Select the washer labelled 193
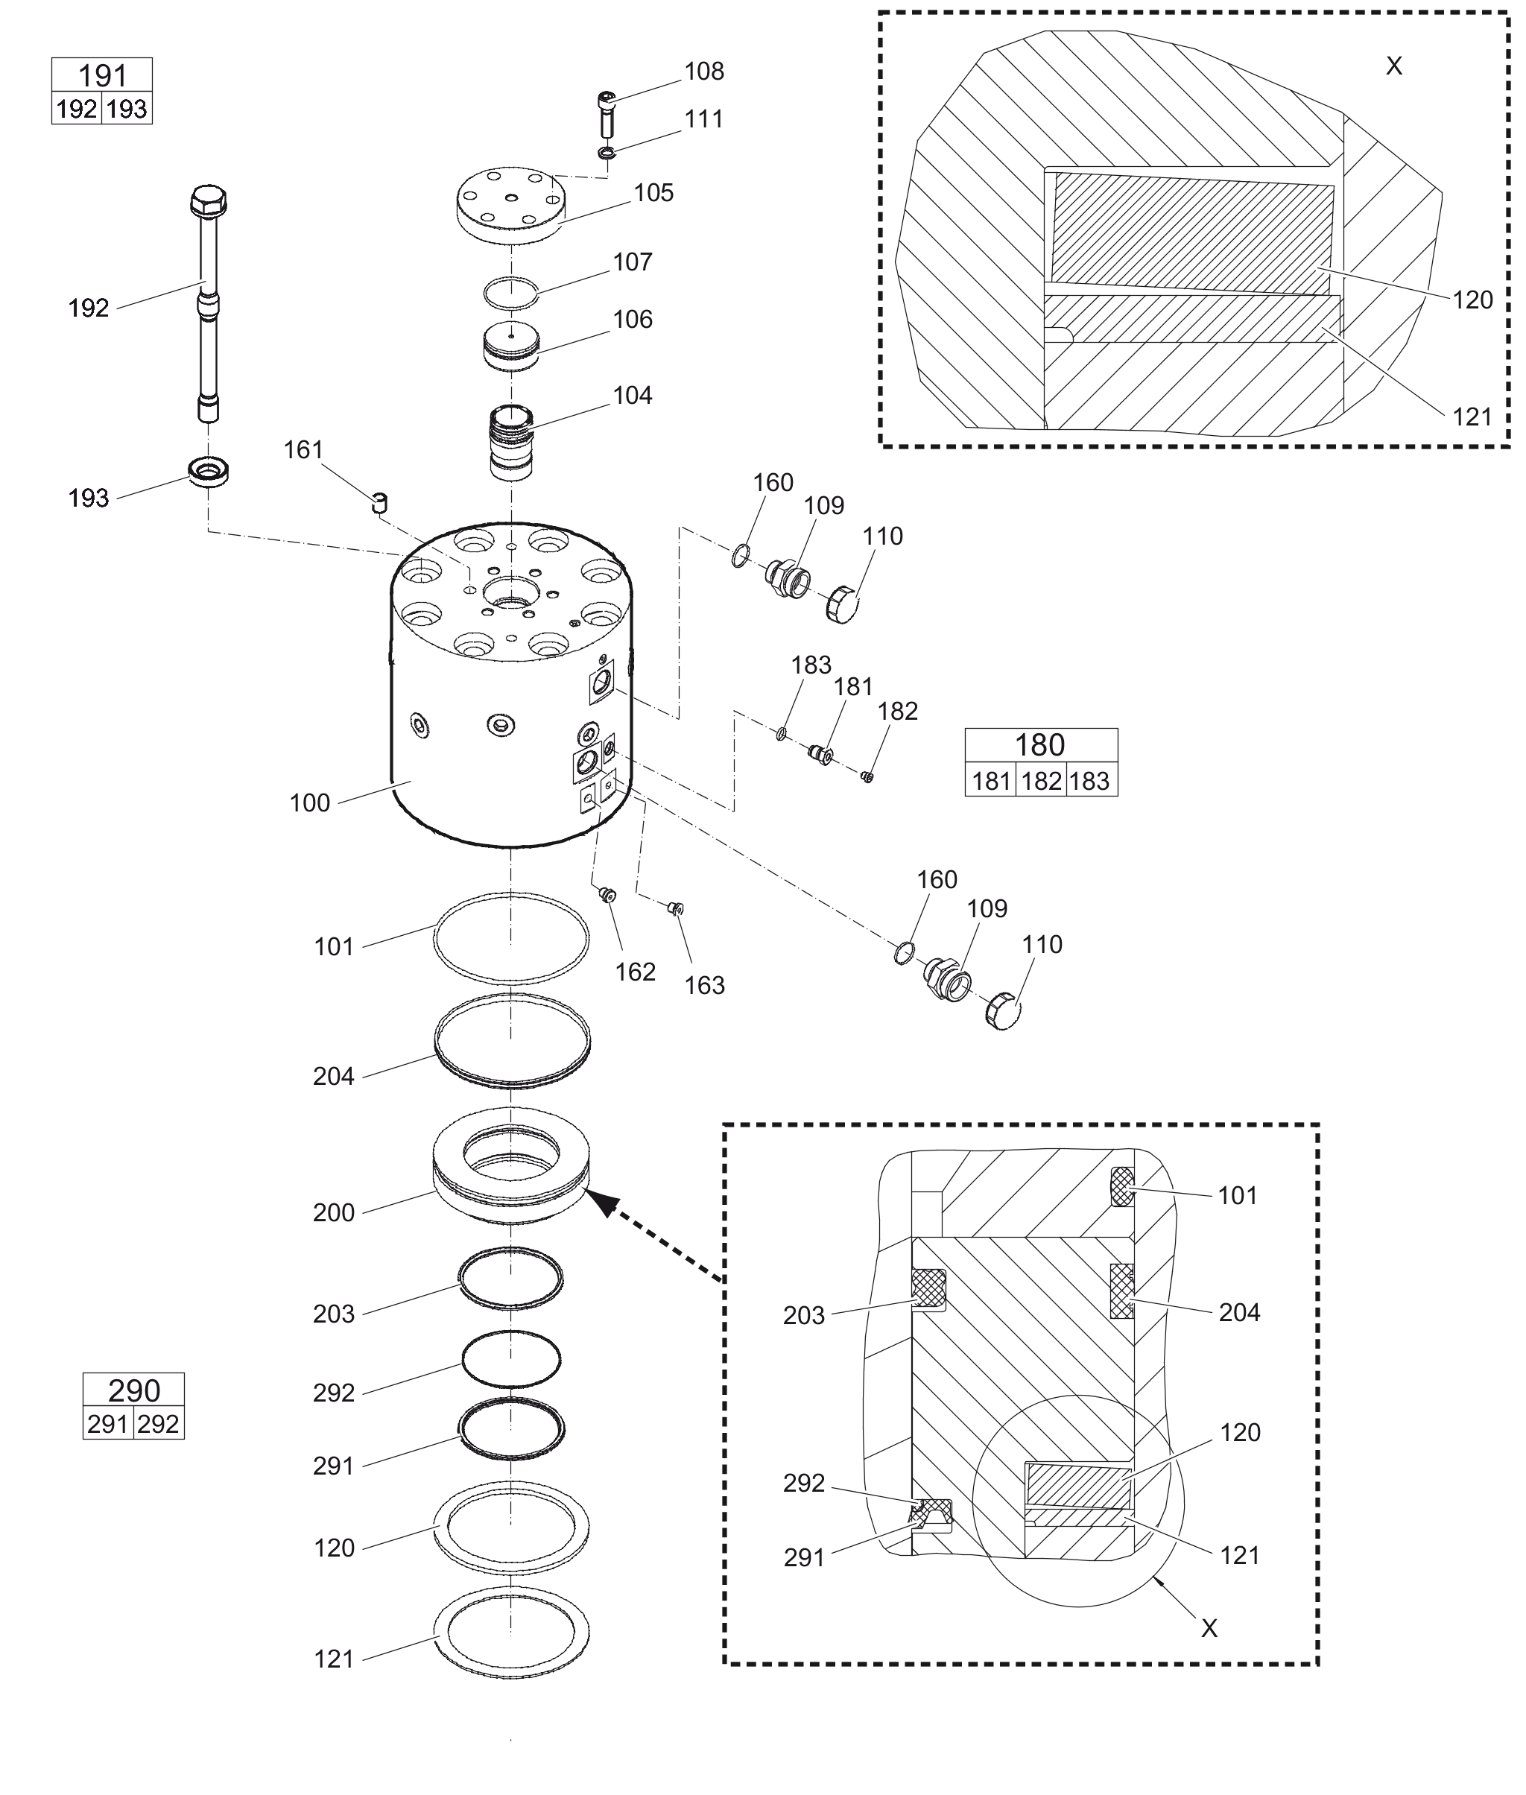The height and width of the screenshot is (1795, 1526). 208,472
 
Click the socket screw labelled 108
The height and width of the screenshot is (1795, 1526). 607,113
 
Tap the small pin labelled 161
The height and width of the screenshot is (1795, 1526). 380,503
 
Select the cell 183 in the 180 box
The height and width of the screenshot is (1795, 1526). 1090,781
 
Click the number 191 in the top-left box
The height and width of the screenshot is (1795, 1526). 102,76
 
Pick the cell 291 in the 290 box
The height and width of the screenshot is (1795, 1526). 107,1424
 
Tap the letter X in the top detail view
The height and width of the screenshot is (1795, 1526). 1393,66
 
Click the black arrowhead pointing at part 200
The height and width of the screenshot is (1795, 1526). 602,1203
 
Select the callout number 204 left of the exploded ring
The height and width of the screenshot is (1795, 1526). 334,1076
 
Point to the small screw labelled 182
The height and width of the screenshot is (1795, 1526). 867,776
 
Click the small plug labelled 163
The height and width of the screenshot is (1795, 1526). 675,908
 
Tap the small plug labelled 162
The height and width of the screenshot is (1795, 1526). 607,893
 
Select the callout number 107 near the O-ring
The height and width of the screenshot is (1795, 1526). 633,262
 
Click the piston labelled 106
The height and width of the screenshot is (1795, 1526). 510,346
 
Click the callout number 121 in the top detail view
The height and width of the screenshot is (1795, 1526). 1472,417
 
